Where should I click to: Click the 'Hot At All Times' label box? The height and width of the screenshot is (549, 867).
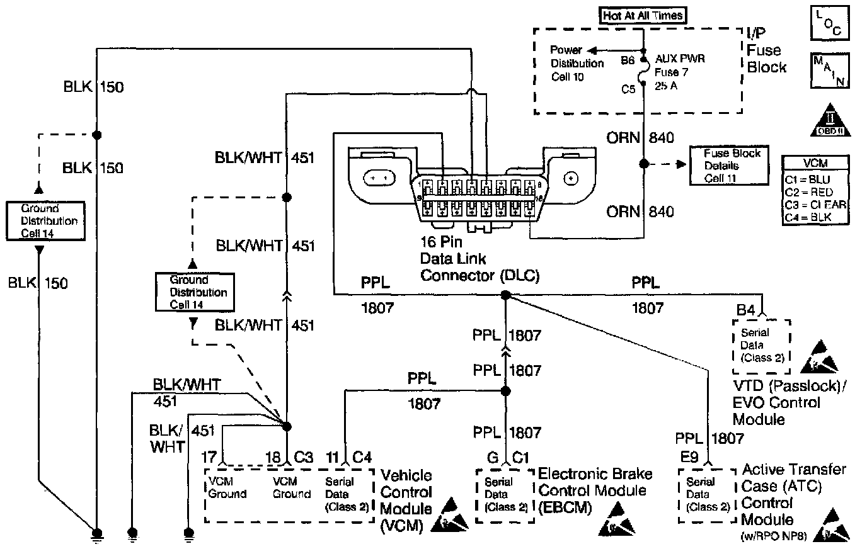[643, 15]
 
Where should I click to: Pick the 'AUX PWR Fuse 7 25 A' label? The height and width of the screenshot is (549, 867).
[679, 72]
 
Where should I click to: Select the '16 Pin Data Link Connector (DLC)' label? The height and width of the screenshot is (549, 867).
[479, 259]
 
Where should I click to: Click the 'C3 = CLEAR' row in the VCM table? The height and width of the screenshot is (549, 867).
[815, 205]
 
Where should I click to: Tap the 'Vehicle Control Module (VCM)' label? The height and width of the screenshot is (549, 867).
[406, 501]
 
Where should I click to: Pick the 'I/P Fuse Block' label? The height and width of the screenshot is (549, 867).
[764, 50]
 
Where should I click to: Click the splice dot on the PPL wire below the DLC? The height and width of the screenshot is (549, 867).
[505, 295]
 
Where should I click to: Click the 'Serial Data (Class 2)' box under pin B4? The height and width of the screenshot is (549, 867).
[761, 345]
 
